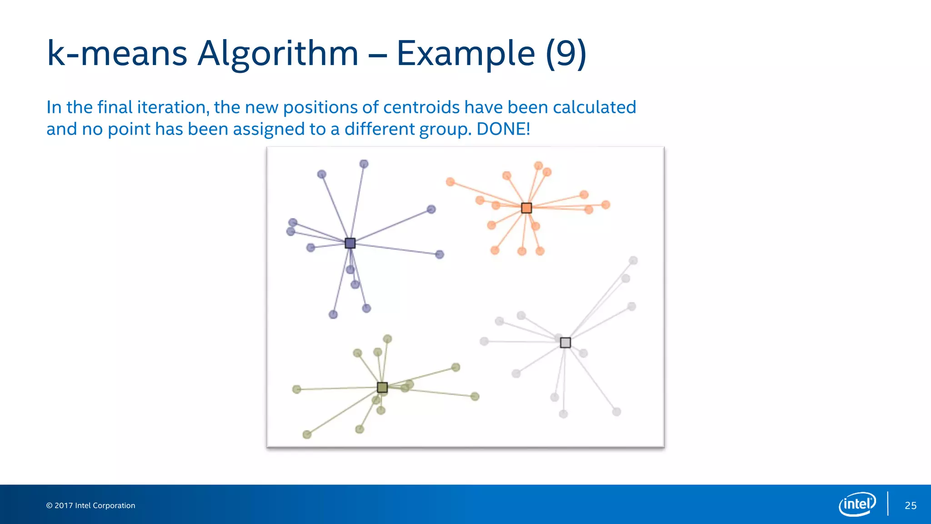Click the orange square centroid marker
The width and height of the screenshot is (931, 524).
[526, 208]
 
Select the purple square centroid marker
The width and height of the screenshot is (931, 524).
[350, 243]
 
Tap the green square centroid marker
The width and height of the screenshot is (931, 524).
[382, 387]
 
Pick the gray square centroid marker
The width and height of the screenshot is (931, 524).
[565, 343]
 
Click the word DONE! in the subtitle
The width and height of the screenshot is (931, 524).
[503, 129]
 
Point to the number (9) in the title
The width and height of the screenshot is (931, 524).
[566, 54]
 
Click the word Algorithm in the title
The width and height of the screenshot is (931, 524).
[278, 54]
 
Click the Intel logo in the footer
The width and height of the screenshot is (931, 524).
[857, 504]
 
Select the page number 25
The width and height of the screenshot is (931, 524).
[911, 505]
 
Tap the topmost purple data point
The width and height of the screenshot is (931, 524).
[364, 164]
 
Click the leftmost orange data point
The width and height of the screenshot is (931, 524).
[450, 182]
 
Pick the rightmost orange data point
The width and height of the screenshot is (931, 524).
[606, 205]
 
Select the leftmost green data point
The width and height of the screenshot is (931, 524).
[296, 389]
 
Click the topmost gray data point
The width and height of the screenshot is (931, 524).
[633, 260]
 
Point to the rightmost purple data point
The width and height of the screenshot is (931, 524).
[440, 254]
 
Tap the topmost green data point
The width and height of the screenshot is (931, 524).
[387, 339]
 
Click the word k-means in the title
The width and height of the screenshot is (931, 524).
[117, 54]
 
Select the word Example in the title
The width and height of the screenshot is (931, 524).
[465, 54]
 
